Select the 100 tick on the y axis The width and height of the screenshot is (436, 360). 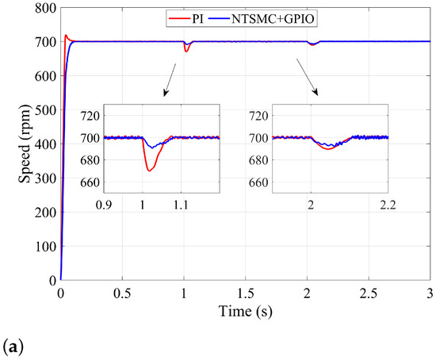(x=44, y=247)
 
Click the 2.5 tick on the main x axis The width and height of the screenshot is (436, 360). (x=368, y=292)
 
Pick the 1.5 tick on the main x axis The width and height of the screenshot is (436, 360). (x=245, y=292)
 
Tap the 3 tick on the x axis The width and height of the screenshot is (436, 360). (x=429, y=292)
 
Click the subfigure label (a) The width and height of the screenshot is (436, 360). (x=13, y=346)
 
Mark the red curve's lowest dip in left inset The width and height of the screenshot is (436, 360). (x=149, y=170)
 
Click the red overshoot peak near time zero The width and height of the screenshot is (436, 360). (x=67, y=36)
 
